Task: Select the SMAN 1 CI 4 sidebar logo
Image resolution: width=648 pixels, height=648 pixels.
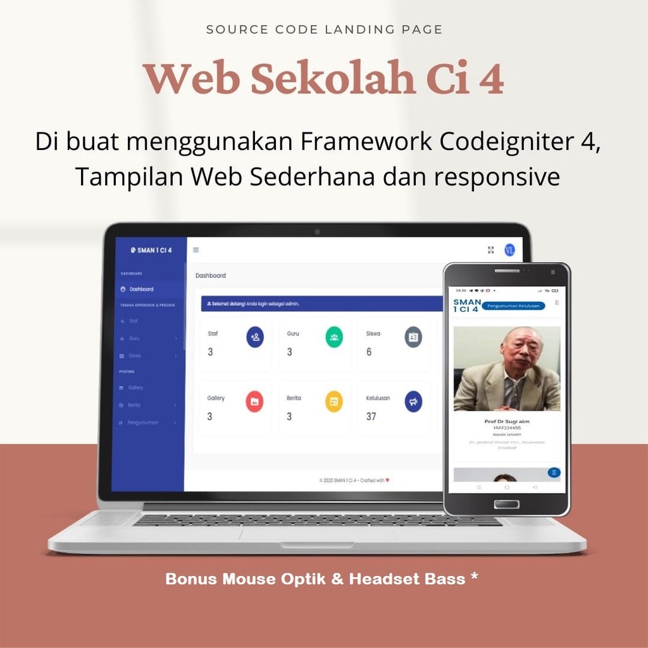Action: click(x=151, y=250)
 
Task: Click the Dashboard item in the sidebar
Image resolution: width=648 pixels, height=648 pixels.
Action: click(x=141, y=289)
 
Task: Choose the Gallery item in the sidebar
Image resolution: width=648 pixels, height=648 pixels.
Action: click(x=135, y=387)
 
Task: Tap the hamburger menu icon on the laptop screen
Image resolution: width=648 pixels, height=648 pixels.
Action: click(x=196, y=250)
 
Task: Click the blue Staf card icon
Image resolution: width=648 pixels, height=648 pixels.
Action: click(x=255, y=337)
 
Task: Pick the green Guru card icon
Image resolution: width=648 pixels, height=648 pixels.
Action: click(x=334, y=337)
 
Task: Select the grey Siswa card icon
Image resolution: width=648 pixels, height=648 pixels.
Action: click(x=413, y=337)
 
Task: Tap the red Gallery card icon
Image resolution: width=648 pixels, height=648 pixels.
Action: click(x=254, y=401)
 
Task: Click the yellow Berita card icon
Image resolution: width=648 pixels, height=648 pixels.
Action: click(x=333, y=401)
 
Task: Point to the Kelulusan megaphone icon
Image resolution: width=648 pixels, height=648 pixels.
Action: click(x=413, y=401)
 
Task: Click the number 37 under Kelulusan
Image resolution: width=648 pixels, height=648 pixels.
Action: click(x=371, y=416)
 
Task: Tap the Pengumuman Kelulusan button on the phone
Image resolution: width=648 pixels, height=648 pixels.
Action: click(x=513, y=306)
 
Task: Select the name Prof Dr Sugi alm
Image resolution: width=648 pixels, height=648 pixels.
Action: click(x=507, y=421)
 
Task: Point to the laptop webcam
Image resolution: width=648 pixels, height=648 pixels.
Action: click(x=317, y=232)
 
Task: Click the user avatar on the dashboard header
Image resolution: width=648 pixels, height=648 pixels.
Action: click(x=509, y=250)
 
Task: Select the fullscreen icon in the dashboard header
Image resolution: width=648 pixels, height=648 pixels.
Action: click(x=490, y=250)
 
